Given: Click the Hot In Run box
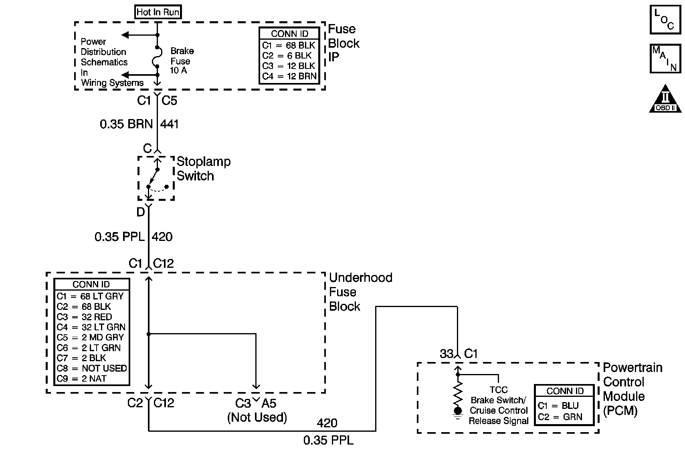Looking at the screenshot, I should (x=158, y=12).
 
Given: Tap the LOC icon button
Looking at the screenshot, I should (x=665, y=19).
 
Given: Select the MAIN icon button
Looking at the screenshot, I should (x=665, y=58).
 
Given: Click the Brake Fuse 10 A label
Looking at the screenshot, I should (x=182, y=61).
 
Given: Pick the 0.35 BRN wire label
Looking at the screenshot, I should (x=126, y=124).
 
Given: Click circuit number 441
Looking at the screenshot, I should (x=169, y=124).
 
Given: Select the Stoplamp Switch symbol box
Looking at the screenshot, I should (x=156, y=178).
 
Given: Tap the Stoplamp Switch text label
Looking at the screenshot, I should (x=203, y=169).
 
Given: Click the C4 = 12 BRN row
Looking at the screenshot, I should (x=289, y=76).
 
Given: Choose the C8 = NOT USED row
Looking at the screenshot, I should (x=91, y=368).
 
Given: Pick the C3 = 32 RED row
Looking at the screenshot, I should (x=84, y=317).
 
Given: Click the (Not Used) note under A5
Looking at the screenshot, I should (x=257, y=417).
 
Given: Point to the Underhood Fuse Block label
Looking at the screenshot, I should (x=360, y=292).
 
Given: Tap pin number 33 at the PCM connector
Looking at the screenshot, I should (x=447, y=354).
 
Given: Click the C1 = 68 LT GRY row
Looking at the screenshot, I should (x=90, y=296).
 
